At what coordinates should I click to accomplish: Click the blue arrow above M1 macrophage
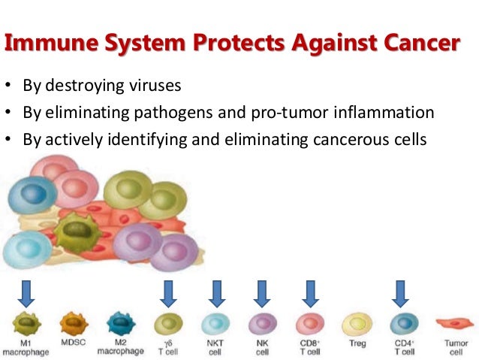tap(26, 293)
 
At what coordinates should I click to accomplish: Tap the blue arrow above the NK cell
tap(261, 293)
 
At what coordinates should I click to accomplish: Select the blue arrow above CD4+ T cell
tap(400, 293)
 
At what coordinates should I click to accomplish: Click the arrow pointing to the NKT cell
tap(216, 293)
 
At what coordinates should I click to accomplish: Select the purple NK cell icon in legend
tap(261, 323)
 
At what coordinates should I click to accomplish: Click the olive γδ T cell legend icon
tap(167, 323)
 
